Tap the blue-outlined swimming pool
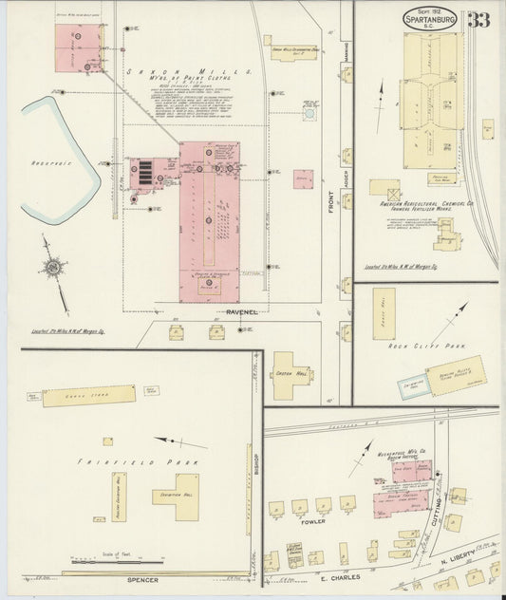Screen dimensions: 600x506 click(x=416, y=387)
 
